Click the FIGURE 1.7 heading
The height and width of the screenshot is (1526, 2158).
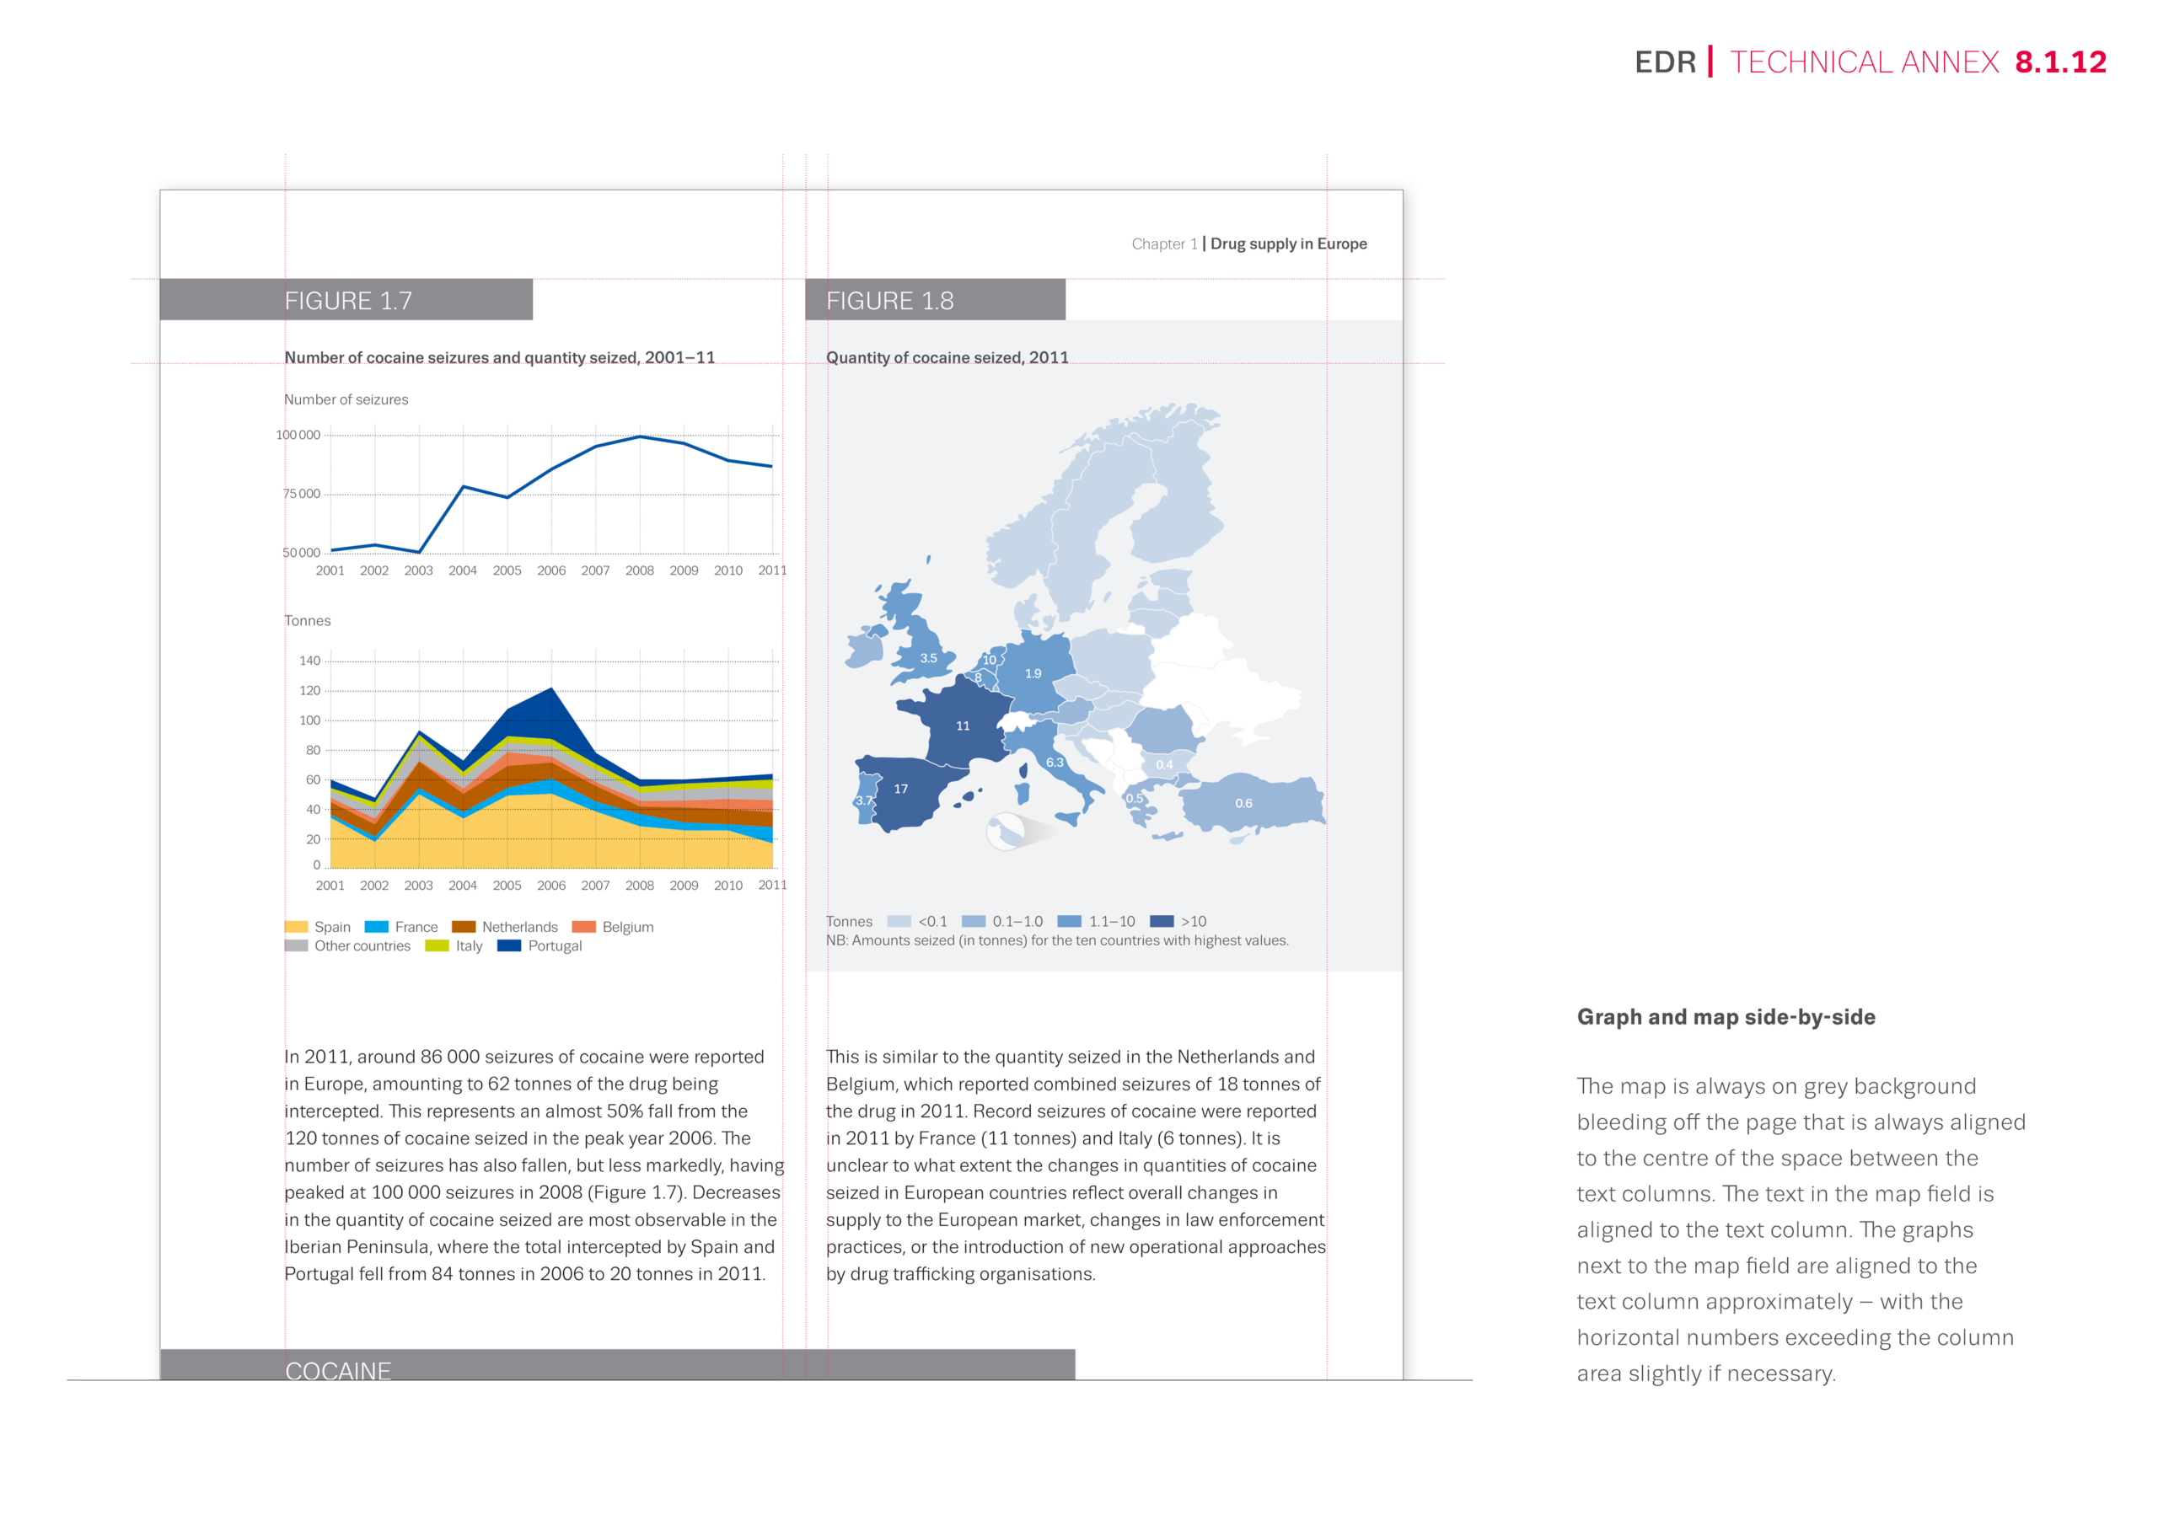[348, 301]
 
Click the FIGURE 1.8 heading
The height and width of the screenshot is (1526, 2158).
[889, 301]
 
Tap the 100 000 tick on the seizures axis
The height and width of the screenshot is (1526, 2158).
[298, 435]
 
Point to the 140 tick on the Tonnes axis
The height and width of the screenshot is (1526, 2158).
[310, 661]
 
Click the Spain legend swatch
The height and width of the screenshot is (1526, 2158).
[296, 927]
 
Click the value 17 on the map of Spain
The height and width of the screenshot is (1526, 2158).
[900, 789]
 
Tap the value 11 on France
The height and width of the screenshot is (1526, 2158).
[963, 726]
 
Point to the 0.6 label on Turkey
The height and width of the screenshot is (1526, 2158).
[1243, 803]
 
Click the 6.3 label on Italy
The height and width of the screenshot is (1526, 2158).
[1055, 762]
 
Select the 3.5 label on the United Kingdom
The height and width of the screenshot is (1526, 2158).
[929, 658]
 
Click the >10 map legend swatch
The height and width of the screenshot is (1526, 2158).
[1162, 921]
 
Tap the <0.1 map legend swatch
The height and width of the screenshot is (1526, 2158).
[899, 921]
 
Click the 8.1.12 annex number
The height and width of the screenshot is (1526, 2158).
[2060, 62]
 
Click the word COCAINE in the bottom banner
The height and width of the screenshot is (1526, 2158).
[337, 1371]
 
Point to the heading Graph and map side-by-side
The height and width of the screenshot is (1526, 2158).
[1726, 1017]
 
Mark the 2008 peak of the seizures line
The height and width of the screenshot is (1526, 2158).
[640, 436]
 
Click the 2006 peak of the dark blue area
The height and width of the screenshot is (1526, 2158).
[551, 688]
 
